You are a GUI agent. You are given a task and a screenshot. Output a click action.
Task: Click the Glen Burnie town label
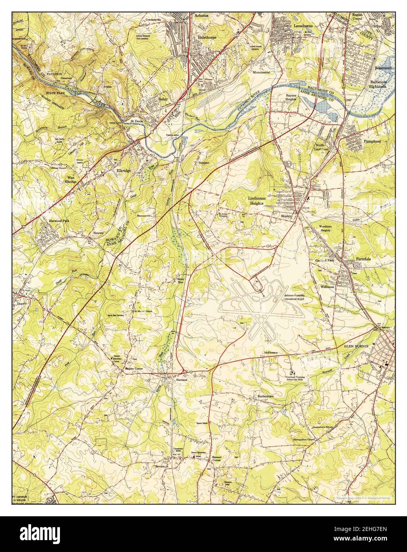tap(356, 346)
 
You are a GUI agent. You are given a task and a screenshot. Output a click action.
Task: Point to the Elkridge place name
tap(124, 170)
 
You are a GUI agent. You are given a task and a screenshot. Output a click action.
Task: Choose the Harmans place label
tap(181, 380)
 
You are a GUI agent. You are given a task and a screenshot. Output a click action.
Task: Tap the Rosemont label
tap(384, 68)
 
